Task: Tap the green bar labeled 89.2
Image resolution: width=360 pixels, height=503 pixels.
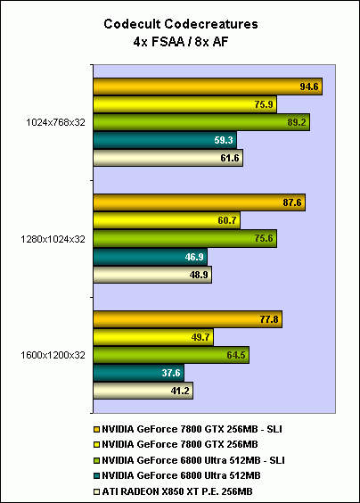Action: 200,122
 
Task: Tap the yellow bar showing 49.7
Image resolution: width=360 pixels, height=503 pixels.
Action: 152,336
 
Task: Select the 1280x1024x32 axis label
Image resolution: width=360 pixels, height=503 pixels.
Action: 55,238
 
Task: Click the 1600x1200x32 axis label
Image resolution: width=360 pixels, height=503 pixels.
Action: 55,354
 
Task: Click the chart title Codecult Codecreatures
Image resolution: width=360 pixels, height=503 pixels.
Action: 179,24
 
